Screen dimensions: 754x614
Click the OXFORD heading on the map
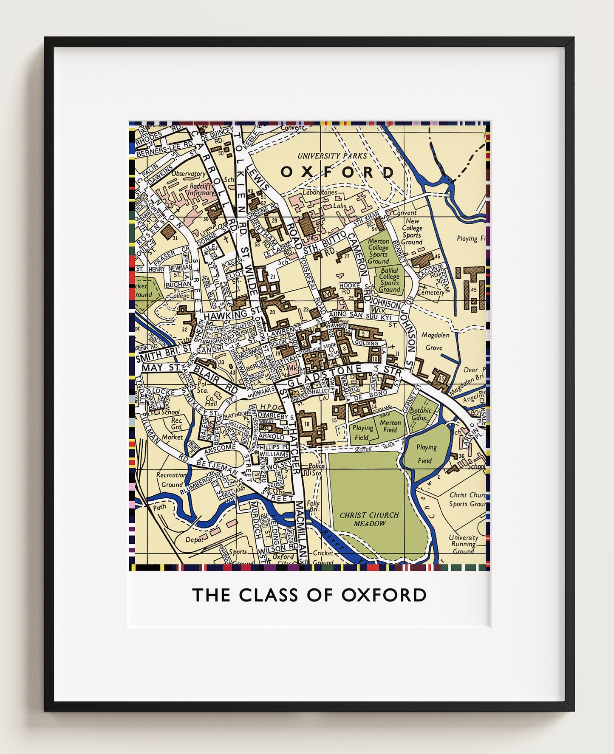pyautogui.click(x=337, y=172)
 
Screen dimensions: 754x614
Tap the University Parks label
pyautogui.click(x=332, y=156)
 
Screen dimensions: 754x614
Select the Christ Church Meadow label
pyautogui.click(x=369, y=519)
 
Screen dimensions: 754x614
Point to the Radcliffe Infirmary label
pyautogui.click(x=202, y=189)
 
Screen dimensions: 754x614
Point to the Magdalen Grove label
pyautogui.click(x=435, y=341)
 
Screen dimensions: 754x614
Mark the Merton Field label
pyautogui.click(x=390, y=426)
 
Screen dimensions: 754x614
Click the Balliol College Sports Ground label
pyautogui.click(x=389, y=280)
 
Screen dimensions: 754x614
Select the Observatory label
pyautogui.click(x=188, y=173)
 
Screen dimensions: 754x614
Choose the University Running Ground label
pyautogui.click(x=463, y=544)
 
